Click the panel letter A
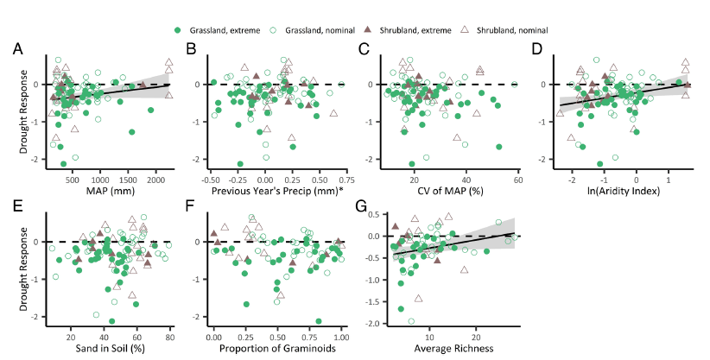[18, 49]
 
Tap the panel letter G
[364, 208]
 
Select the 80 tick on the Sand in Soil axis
[170, 337]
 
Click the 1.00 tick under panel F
[340, 337]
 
